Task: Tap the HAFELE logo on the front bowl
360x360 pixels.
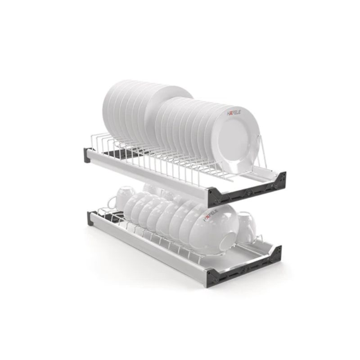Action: pyautogui.click(x=211, y=216)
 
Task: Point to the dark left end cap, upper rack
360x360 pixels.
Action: pyautogui.click(x=87, y=155)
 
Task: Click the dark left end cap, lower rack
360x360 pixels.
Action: pyautogui.click(x=90, y=218)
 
